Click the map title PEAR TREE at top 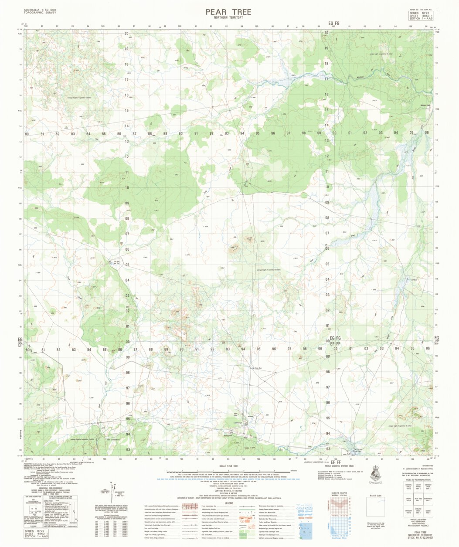(x=228, y=11)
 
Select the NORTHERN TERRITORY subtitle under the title (x=228, y=17)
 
